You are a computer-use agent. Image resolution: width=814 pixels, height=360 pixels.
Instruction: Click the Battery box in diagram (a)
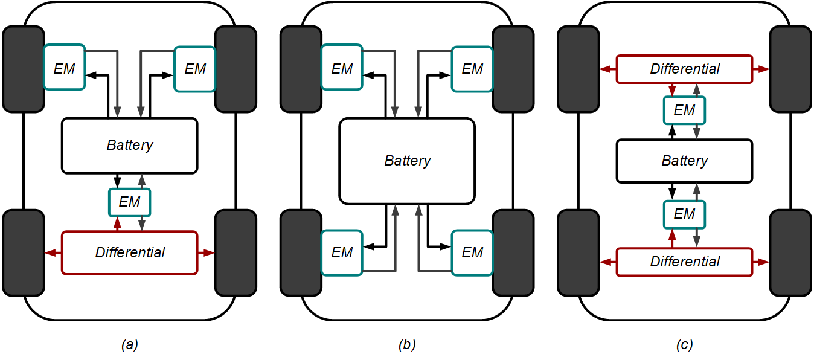tap(130, 146)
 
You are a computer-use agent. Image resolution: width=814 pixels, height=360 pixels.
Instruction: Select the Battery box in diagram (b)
tap(407, 161)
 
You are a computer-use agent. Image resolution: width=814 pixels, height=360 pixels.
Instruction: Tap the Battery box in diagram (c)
tap(684, 161)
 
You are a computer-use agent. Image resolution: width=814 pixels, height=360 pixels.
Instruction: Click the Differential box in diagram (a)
tap(130, 252)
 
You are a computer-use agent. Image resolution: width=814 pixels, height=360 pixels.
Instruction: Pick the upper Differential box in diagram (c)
tap(684, 69)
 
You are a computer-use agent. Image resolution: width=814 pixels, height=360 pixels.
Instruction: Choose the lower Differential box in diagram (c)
tap(684, 262)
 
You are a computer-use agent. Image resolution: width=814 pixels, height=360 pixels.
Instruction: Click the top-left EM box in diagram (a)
tap(65, 68)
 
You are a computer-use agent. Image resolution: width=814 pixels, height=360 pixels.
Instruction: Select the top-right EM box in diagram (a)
tap(194, 69)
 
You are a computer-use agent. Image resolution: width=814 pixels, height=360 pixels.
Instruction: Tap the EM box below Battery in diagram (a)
tap(129, 202)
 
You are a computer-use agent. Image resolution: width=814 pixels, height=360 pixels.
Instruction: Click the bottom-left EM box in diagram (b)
tap(342, 252)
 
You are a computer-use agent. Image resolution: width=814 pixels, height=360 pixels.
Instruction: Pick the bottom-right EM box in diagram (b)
tap(472, 252)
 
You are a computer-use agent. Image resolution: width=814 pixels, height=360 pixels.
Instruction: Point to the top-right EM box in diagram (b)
tap(472, 69)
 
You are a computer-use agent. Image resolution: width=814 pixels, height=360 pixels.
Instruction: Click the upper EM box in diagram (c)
tap(684, 111)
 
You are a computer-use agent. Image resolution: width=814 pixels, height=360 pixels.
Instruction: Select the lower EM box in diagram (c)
tap(684, 214)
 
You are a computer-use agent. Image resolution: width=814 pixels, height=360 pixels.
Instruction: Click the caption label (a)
tap(130, 345)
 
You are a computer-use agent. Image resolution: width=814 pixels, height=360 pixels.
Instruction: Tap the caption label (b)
tap(407, 345)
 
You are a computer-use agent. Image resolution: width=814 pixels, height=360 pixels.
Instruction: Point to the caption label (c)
tap(684, 345)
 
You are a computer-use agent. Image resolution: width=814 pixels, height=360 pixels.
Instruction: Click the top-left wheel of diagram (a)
tap(24, 69)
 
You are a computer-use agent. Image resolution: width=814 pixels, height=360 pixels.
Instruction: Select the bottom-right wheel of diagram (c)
tap(790, 252)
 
